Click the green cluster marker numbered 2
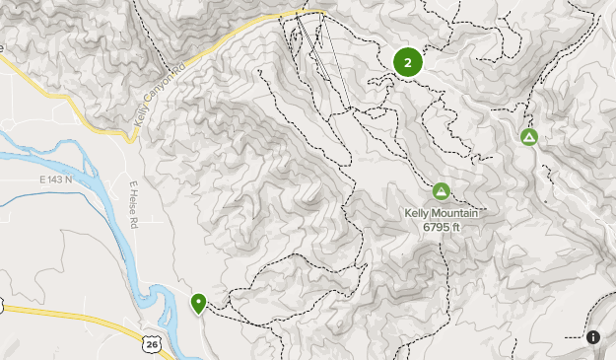coord(407,62)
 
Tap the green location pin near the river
coord(198,303)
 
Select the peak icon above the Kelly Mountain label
coord(441,190)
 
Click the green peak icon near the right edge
coord(529,137)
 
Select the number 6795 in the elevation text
coord(435,228)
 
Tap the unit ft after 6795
coord(456,228)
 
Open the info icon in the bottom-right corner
coord(593,337)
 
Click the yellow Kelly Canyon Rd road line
coord(227,44)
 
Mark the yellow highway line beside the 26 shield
coord(79,321)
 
